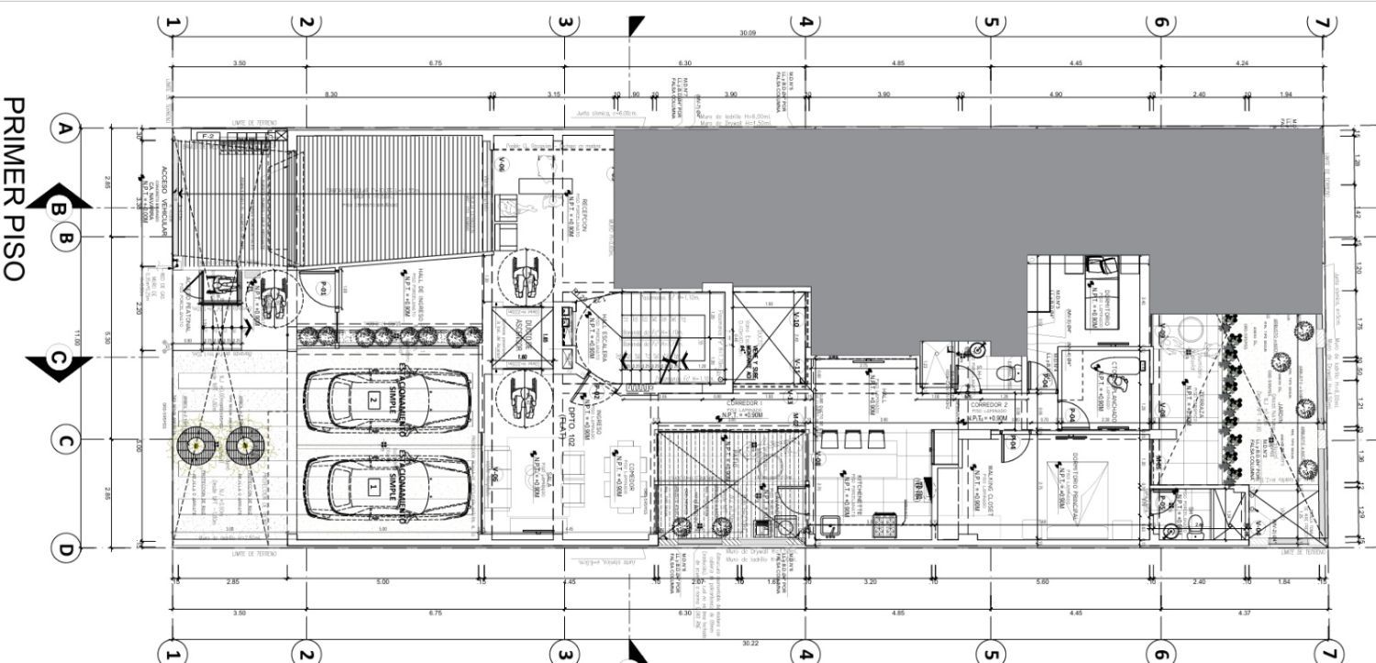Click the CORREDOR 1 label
click(x=745, y=403)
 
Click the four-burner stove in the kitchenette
click(x=885, y=525)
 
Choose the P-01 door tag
click(x=324, y=290)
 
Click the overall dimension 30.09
click(x=748, y=34)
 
